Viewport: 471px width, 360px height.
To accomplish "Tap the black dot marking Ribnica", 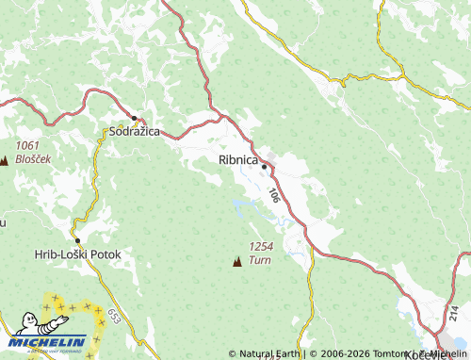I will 265,167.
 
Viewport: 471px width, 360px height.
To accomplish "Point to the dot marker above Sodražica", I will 135,118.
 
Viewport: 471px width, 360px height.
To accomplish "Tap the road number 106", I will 273,195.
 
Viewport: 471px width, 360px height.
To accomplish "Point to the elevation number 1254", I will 261,246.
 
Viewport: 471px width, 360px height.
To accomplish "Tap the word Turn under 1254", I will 261,258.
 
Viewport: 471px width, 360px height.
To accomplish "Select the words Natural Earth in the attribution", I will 272,353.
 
